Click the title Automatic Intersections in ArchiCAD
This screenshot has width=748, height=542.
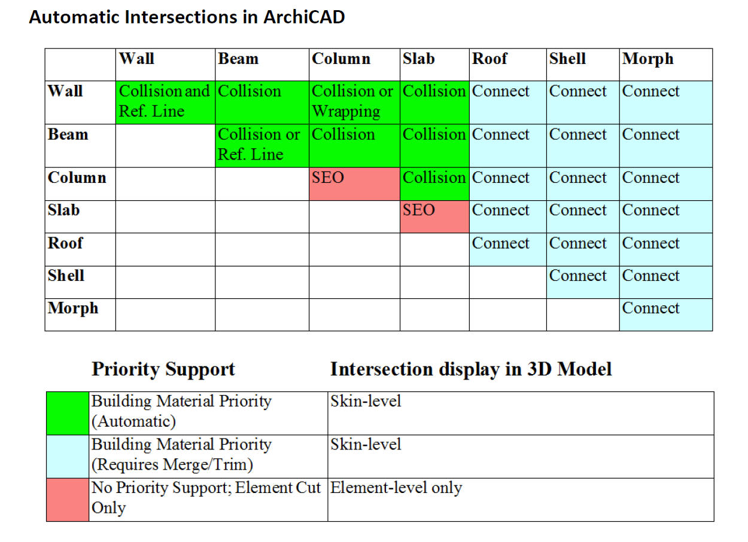(187, 17)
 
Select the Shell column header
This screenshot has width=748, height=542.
(567, 59)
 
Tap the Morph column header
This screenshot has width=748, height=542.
(647, 59)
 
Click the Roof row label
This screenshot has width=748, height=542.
(65, 244)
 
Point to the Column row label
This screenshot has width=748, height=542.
(77, 178)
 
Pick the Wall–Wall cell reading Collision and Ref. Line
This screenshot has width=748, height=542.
(165, 102)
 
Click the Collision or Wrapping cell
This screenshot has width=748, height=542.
(353, 102)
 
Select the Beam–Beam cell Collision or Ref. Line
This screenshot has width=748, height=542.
(260, 145)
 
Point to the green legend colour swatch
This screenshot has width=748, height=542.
(68, 413)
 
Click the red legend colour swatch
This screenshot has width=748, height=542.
(68, 500)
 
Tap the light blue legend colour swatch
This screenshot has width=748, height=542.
(68, 456)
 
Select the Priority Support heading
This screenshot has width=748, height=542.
(163, 369)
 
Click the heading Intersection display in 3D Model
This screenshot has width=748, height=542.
(471, 369)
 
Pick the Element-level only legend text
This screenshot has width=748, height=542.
(396, 488)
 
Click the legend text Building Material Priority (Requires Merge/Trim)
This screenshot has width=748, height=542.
(181, 455)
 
